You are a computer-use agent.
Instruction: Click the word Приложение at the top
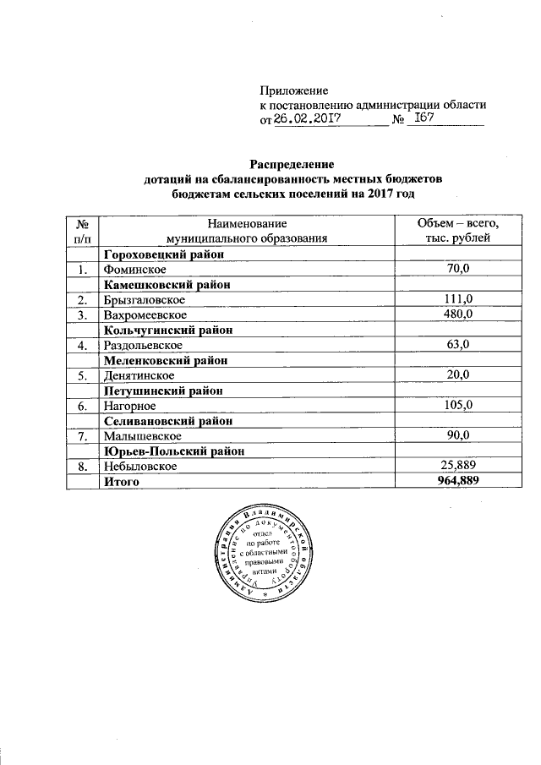point(292,90)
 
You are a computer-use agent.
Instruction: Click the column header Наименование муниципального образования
point(247,231)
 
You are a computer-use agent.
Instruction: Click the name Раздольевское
point(142,345)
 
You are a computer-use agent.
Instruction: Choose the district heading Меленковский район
point(167,360)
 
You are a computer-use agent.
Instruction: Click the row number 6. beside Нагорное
point(81,406)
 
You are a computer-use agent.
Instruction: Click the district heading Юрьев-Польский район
point(175,451)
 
